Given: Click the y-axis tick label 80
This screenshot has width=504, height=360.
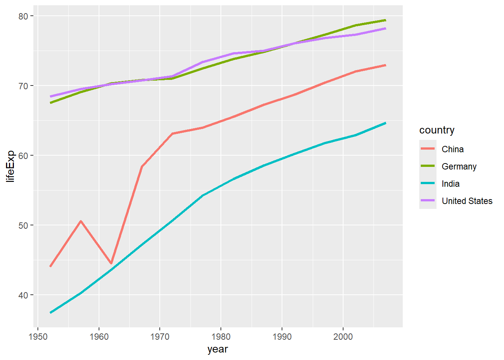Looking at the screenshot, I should (23, 16).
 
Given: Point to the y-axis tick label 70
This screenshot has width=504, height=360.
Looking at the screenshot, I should (23, 86).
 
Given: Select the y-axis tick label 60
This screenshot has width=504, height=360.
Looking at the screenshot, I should (23, 156).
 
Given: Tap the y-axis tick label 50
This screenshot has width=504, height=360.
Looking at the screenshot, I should (23, 225).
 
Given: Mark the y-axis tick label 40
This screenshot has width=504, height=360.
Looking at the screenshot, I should (23, 295).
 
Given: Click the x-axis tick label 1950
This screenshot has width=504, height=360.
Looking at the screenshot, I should (38, 336).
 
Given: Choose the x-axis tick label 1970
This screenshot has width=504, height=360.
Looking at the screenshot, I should (160, 336).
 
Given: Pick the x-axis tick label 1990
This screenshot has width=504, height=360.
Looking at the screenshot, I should (282, 336).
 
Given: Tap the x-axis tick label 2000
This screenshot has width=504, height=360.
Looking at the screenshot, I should (343, 336).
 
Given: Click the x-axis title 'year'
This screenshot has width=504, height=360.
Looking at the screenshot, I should (217, 349).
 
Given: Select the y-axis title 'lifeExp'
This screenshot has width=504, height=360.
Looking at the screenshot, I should (10, 166).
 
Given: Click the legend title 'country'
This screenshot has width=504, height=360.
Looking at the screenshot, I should (437, 130).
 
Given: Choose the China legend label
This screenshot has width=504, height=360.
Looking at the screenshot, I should (453, 149).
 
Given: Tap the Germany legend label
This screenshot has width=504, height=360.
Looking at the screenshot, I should (459, 166).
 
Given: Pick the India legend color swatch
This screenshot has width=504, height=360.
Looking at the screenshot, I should (427, 183).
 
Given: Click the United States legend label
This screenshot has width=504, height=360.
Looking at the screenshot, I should (467, 201).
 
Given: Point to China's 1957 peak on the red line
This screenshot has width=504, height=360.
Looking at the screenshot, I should (81, 221).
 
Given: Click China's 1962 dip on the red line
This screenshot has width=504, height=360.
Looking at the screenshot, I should (111, 263).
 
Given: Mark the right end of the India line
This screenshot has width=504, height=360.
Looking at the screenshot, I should (385, 123).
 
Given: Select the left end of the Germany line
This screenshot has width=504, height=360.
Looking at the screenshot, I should (51, 103).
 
